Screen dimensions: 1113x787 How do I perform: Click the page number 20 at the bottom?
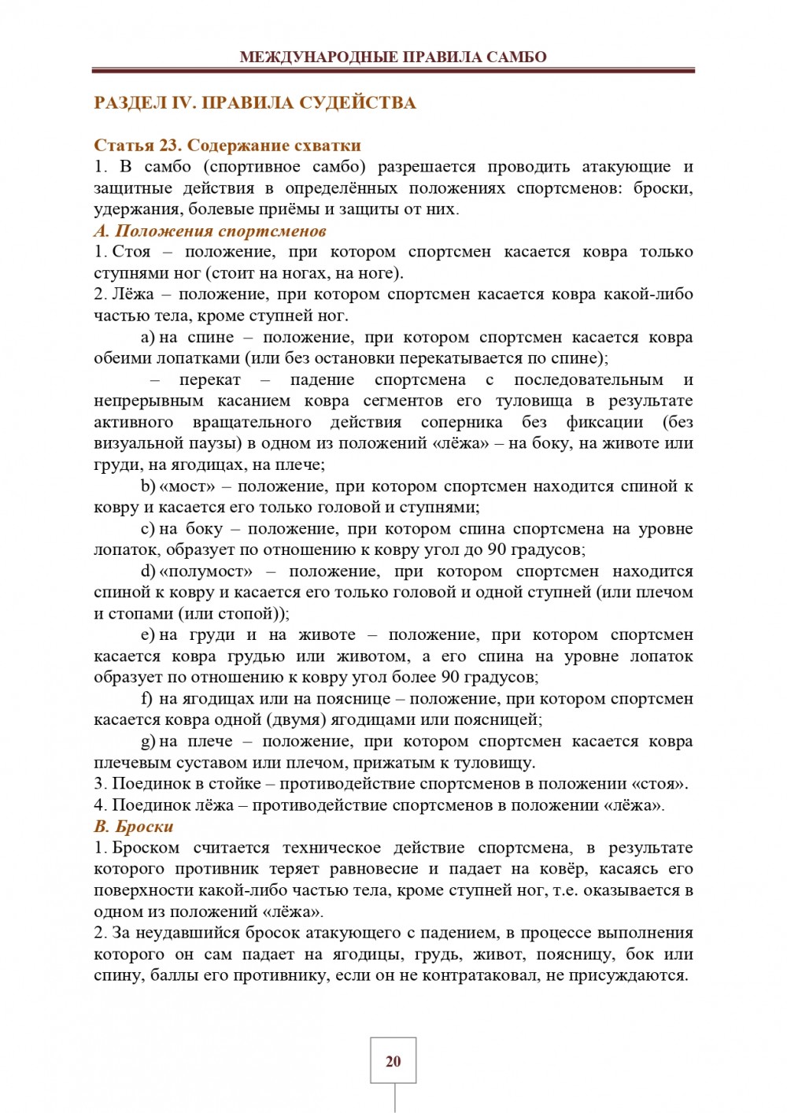coord(393,1061)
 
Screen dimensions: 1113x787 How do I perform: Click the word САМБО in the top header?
coord(516,57)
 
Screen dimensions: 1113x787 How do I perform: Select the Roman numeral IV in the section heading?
coord(183,103)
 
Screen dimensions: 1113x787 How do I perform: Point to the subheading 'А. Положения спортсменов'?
coord(210,231)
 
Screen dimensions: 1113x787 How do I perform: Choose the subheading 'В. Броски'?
coord(134,826)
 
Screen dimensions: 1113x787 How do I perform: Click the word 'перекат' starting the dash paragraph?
coord(209,379)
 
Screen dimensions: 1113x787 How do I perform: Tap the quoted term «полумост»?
coord(206,571)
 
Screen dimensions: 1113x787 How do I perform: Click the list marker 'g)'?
coord(148,741)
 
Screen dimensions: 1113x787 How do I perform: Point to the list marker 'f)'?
coord(146,698)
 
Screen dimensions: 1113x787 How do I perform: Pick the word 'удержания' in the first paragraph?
coord(128,209)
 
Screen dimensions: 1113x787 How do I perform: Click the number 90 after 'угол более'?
coord(449,677)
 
